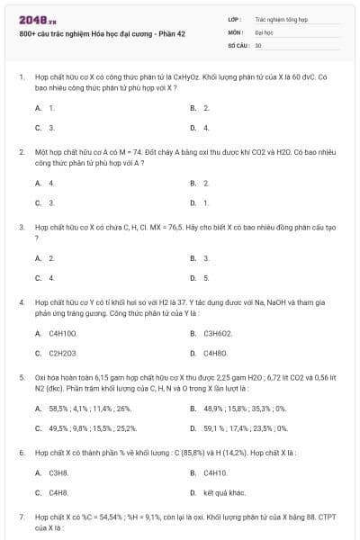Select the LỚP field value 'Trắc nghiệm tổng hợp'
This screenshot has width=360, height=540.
point(282,18)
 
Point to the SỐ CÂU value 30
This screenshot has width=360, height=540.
point(258,44)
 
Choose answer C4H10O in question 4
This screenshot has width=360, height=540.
point(62,333)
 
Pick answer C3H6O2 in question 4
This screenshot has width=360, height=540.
point(219,333)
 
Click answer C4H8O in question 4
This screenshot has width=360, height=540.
point(216,353)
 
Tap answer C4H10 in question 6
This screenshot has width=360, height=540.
point(215,472)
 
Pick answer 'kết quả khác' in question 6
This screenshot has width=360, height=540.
point(224,492)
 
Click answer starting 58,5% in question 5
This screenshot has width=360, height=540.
point(89,408)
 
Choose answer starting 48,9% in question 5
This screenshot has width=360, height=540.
point(245,408)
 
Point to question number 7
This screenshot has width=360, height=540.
point(22,517)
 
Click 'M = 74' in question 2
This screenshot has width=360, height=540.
point(111,153)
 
